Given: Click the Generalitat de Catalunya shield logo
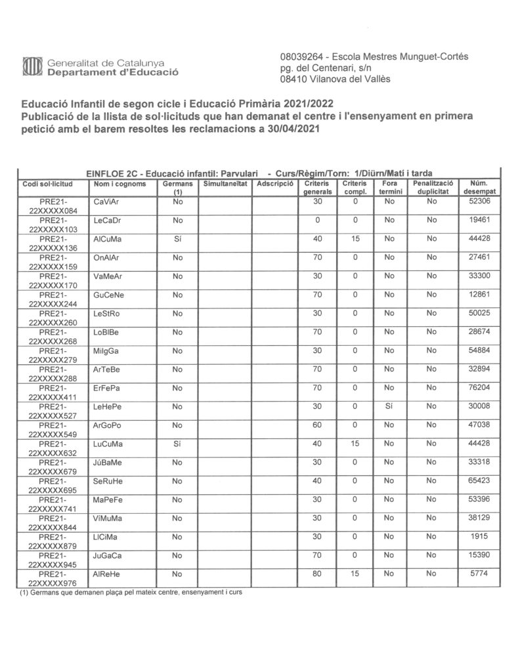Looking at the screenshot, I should pyautogui.click(x=32, y=67).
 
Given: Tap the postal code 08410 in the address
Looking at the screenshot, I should pyautogui.click(x=293, y=79).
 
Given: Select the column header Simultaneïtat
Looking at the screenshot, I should pyautogui.click(x=224, y=184).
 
